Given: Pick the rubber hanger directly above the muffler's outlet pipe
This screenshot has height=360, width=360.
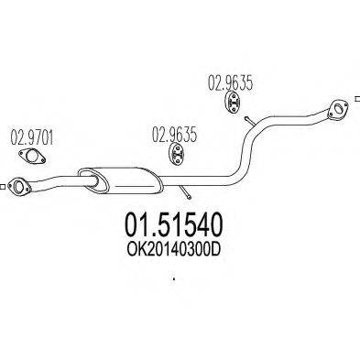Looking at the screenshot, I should (175, 160).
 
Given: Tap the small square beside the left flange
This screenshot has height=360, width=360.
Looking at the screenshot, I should (4, 189).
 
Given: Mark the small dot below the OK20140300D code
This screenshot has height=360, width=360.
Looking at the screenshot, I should (171, 279).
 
